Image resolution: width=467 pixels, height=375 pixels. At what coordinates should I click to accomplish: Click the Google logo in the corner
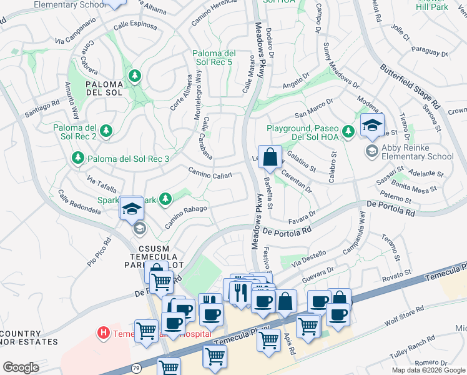click(21, 367)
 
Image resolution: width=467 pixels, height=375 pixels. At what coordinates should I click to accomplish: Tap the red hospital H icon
click(104, 333)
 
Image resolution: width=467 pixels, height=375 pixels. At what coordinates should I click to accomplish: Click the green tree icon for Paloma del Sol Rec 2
click(107, 131)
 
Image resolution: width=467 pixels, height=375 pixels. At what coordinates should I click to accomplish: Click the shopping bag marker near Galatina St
click(270, 157)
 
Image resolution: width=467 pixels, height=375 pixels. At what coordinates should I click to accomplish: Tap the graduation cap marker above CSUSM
click(132, 208)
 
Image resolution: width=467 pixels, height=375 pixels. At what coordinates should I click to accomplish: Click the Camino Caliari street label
click(210, 172)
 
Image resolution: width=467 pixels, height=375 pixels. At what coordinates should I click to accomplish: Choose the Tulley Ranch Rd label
click(413, 342)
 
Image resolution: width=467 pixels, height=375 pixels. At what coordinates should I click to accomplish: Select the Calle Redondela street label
click(80, 202)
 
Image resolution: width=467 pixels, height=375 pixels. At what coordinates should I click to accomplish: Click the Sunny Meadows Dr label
click(341, 65)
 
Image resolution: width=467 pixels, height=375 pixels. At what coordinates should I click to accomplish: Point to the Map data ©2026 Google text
click(429, 370)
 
